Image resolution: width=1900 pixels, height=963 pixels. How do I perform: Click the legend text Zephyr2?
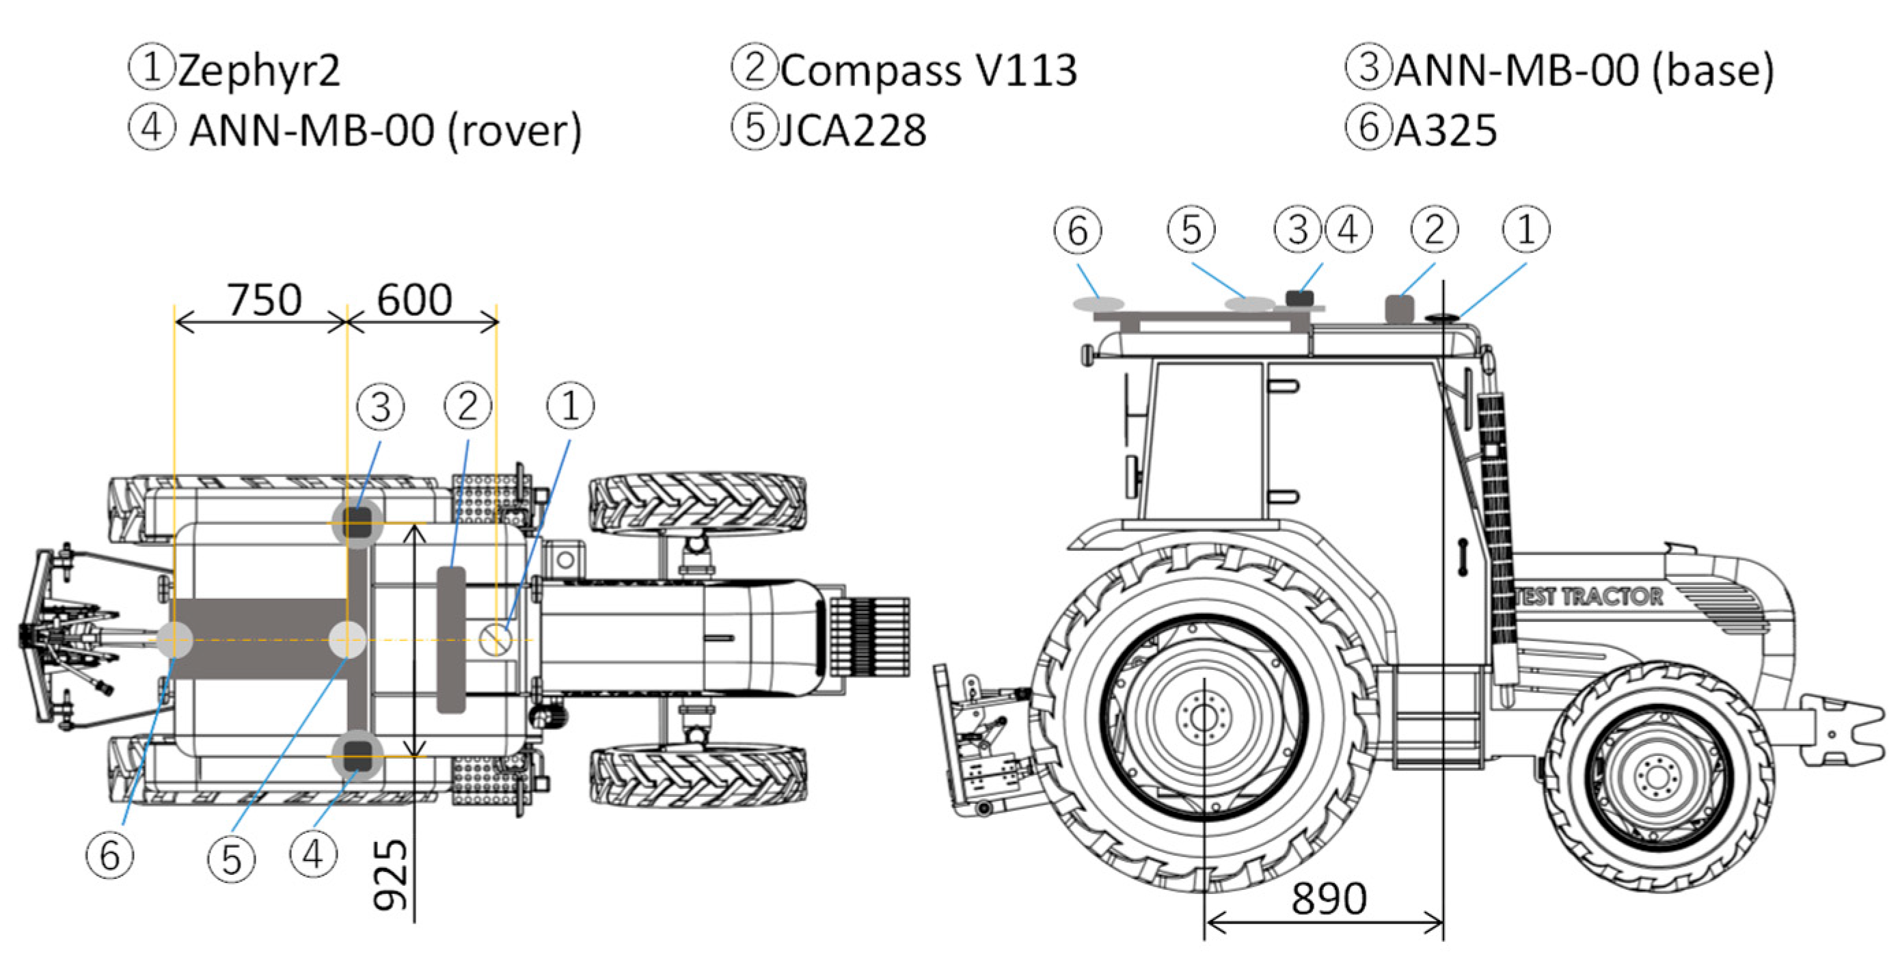coord(258,71)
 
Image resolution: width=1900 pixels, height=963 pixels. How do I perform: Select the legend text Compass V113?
coord(929,71)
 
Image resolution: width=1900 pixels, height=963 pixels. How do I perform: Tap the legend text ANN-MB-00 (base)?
coord(1584,71)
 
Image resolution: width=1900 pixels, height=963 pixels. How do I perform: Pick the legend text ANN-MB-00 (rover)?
coord(385,131)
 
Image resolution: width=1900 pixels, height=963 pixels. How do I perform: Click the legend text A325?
coord(1445,131)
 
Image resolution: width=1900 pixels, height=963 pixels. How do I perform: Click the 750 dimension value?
coord(264,300)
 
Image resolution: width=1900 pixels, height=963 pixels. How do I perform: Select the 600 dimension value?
coord(415,300)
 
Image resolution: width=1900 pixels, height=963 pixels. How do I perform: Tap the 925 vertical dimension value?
coord(390,876)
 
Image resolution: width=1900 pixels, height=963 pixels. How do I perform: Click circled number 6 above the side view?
coord(1078,230)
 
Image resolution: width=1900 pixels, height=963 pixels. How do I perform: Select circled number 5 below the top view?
coord(232,860)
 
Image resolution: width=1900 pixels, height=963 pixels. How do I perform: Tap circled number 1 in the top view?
coord(570,405)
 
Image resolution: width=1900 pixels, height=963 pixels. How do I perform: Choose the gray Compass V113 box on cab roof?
coord(1399,308)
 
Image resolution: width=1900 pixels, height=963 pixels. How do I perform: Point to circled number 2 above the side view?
coord(1435,230)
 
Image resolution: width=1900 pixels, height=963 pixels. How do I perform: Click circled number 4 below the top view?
coord(314,854)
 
